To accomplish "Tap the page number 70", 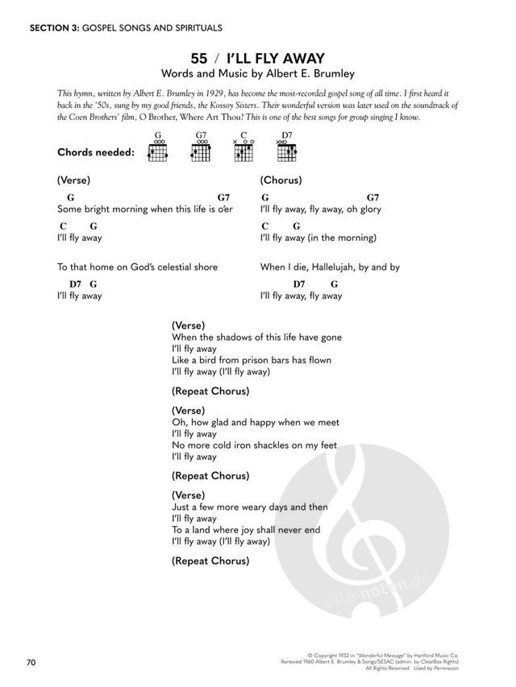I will [31, 663].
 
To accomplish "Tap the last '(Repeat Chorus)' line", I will [210, 561].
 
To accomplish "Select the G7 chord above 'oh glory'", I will [373, 197].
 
